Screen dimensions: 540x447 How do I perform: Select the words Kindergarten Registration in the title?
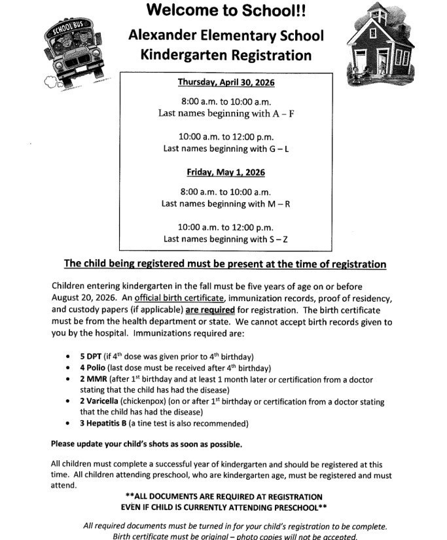tap(225, 54)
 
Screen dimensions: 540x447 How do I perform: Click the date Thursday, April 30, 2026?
tap(226, 82)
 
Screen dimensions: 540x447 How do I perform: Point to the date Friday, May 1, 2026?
tap(226, 173)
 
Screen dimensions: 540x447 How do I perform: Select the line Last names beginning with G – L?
tap(226, 149)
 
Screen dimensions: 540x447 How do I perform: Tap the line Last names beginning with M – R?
tap(226, 204)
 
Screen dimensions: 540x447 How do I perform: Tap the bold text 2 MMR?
tap(93, 380)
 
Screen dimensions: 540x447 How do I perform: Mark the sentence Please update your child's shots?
tap(146, 444)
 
